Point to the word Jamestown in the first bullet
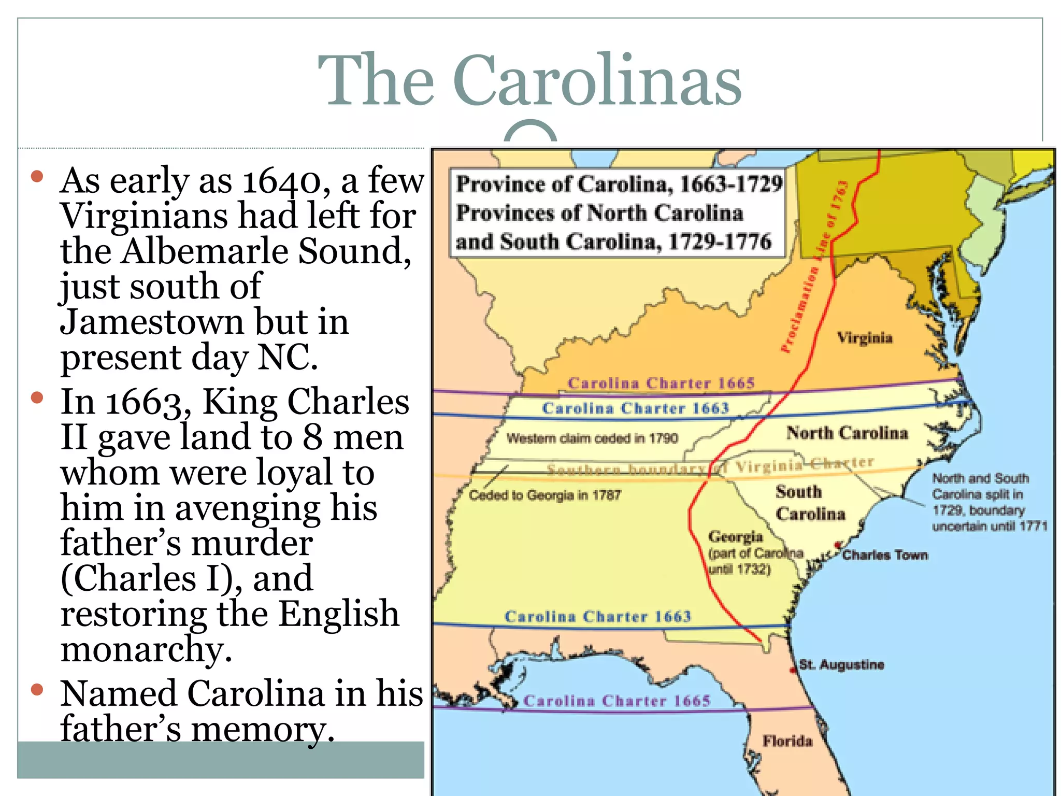click(x=152, y=322)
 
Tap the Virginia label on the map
click(x=865, y=338)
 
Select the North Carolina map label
click(x=847, y=433)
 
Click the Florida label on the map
click(x=787, y=741)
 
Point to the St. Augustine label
click(x=841, y=664)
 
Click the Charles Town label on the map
click(x=885, y=555)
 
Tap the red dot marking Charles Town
click(x=838, y=545)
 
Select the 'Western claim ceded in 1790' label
click(x=592, y=438)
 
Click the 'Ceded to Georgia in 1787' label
click(x=544, y=495)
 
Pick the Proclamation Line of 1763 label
click(x=814, y=267)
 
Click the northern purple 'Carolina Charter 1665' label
click(x=661, y=383)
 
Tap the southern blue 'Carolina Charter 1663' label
click(x=598, y=616)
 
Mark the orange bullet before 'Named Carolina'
click(x=37, y=690)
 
